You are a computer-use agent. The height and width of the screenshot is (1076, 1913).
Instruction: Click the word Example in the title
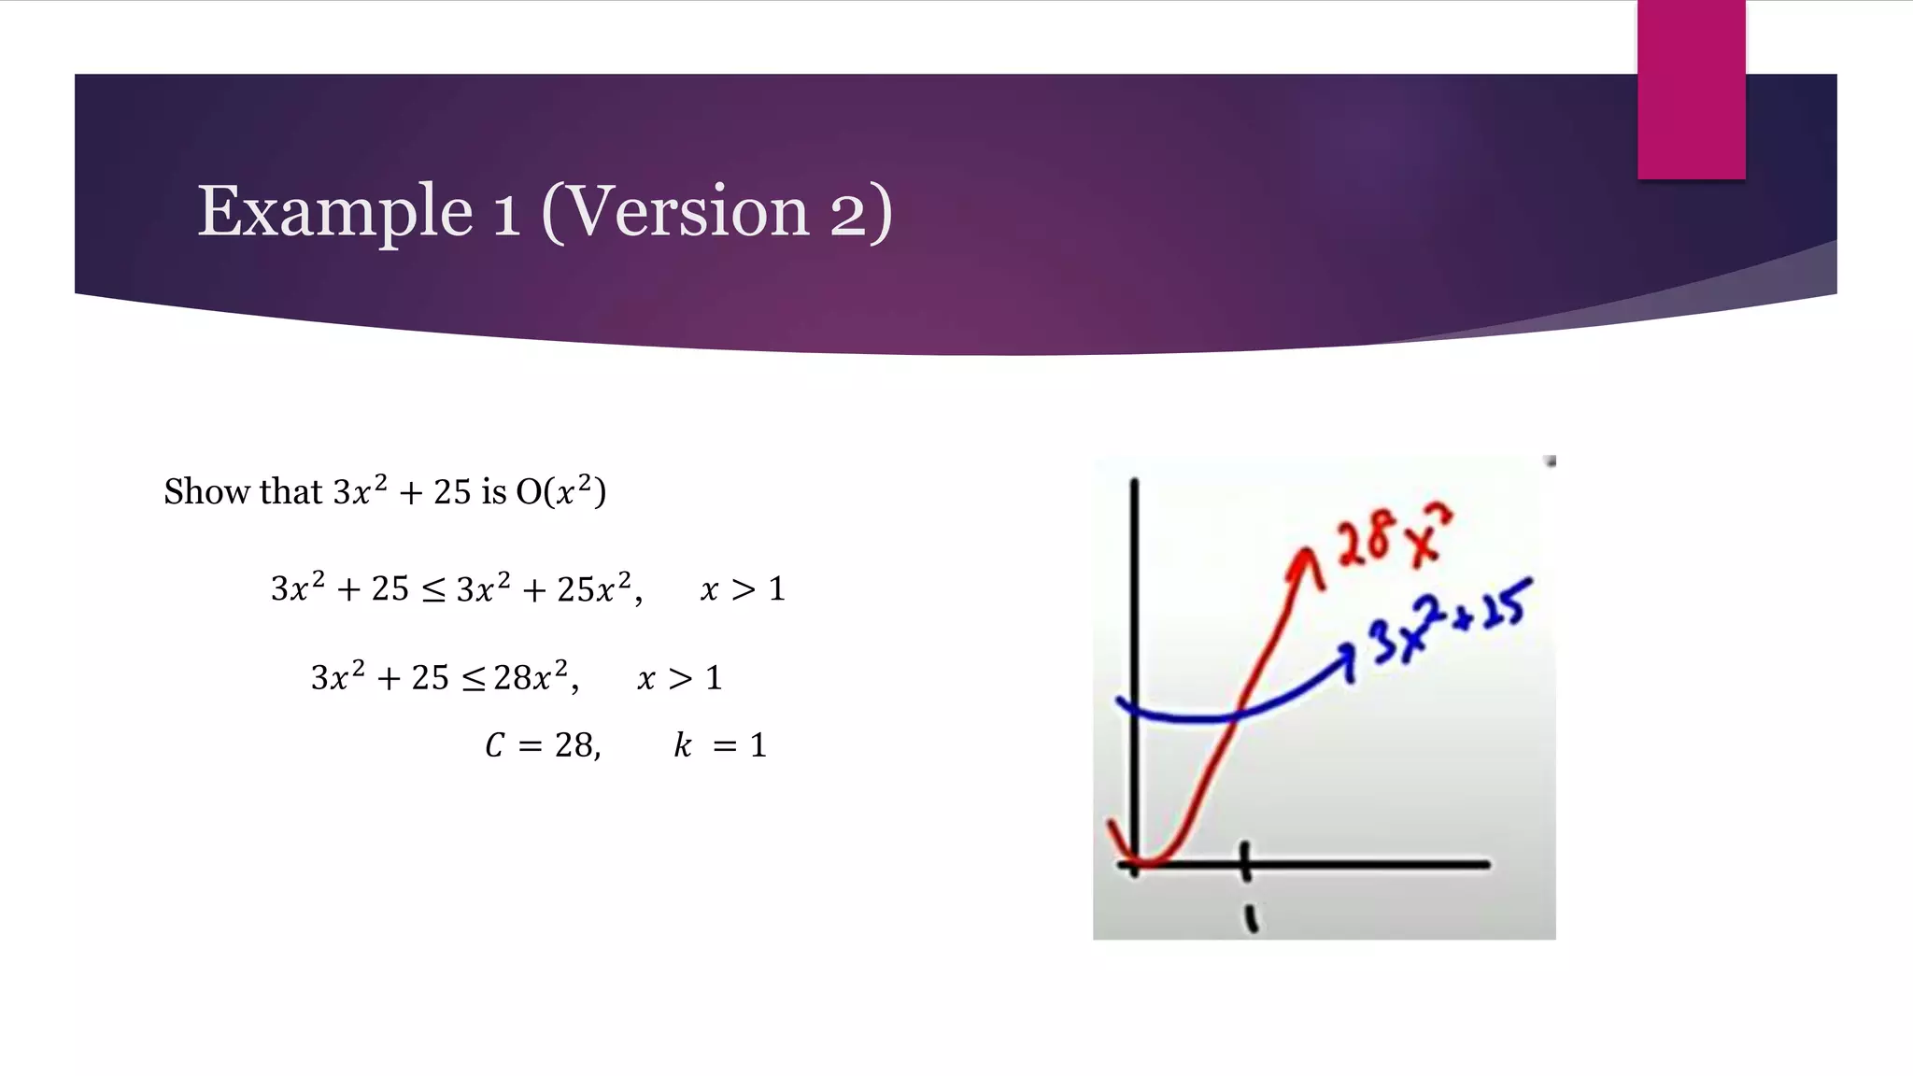point(334,213)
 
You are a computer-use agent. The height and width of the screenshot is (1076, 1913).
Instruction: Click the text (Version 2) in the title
point(716,213)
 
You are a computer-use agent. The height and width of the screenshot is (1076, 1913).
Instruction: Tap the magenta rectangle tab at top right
point(1691,89)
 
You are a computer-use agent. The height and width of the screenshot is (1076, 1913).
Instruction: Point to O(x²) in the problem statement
point(560,491)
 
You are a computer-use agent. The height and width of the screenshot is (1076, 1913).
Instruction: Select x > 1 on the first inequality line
point(743,588)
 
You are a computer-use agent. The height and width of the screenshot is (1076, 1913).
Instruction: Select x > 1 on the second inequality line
point(679,677)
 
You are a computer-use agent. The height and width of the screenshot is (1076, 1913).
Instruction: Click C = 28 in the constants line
point(542,745)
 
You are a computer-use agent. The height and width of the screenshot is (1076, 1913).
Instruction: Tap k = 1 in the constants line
point(719,745)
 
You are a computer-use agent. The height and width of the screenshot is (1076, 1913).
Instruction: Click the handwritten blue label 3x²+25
point(1448,621)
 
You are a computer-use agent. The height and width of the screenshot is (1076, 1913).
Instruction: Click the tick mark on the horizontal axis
point(1245,861)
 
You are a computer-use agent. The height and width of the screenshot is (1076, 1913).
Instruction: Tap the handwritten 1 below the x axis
point(1251,919)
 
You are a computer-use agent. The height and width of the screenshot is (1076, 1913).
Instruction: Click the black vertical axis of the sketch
point(1134,654)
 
